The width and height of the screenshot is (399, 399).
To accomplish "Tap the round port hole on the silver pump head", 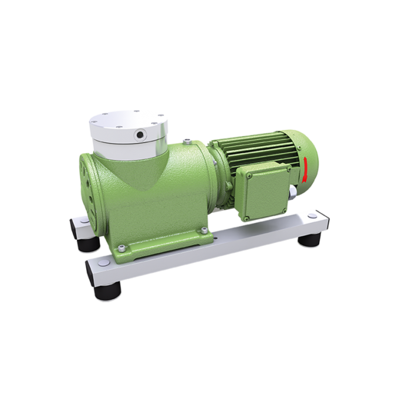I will click(141, 134).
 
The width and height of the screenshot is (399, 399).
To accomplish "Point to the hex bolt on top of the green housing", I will click(187, 141).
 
